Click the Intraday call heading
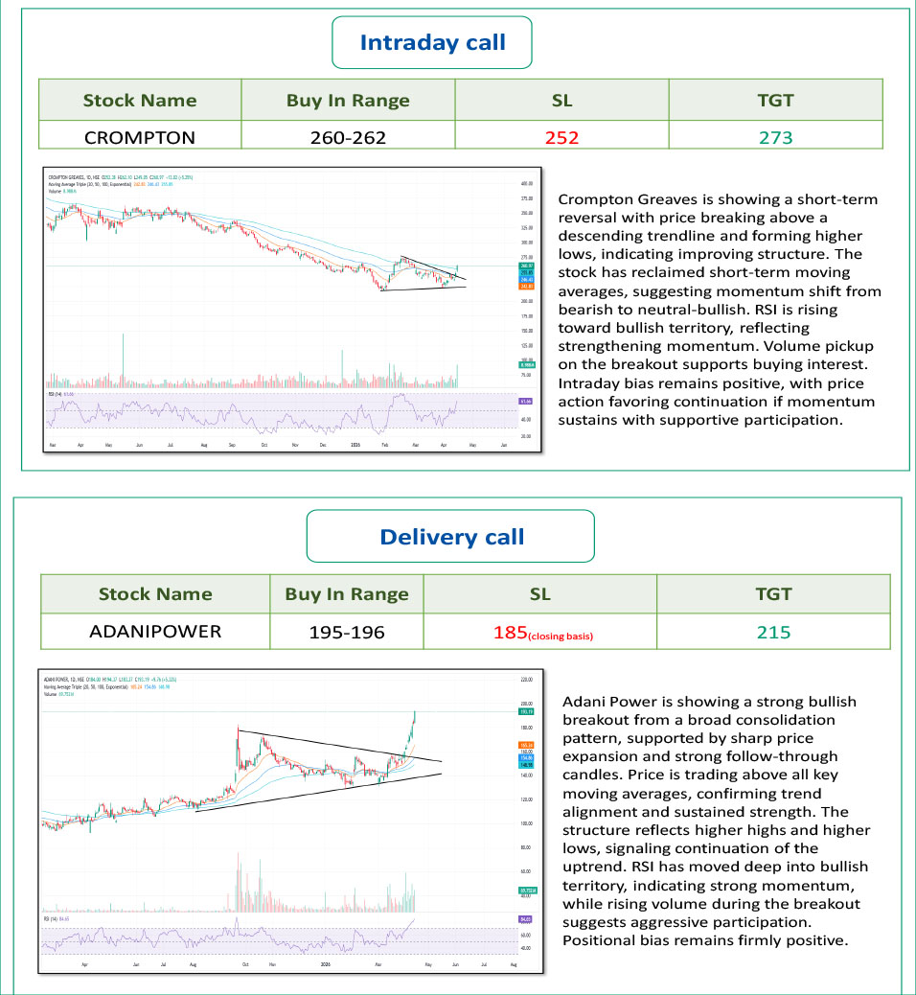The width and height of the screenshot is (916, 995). pos(432,43)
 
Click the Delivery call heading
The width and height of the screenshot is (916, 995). pos(451,537)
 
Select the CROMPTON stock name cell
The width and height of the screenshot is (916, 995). pos(140,137)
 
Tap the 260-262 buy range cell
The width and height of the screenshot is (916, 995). pos(348,137)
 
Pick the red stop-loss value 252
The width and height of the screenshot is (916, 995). pos(561,137)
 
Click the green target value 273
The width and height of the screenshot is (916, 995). pos(775,137)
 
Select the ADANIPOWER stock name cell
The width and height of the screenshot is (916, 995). pos(154,631)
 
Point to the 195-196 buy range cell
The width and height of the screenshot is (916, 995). pos(347,631)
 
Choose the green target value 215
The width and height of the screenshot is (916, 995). pos(773,631)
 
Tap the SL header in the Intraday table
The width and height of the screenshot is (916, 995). pos(561,100)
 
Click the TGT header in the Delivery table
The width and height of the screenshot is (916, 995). pos(773,593)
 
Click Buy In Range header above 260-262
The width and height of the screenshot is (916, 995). pos(348,100)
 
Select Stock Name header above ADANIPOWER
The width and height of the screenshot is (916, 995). pos(154,593)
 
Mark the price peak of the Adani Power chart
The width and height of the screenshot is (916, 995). pos(415,711)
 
